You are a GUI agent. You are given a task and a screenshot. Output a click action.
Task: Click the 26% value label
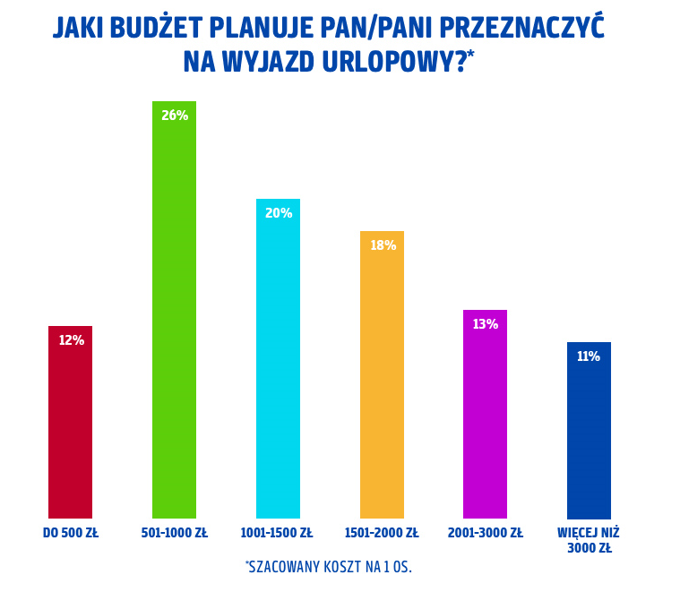175,116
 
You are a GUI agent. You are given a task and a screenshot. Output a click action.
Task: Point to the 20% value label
279,213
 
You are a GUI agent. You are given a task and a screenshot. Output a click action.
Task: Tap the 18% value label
383,245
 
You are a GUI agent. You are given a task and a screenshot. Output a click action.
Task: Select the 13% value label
485,324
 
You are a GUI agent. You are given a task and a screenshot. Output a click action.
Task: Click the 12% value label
71,340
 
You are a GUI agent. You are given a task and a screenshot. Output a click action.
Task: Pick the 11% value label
589,356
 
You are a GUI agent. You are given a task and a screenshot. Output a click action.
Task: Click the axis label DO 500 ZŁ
71,533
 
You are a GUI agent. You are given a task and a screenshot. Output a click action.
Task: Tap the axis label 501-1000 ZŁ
174,533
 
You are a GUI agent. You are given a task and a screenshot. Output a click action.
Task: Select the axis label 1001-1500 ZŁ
277,533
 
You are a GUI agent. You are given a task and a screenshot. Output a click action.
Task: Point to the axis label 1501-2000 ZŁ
382,533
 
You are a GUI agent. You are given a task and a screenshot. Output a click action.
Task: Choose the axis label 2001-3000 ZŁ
485,533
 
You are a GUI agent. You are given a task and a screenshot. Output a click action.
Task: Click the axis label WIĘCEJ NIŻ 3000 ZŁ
589,540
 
